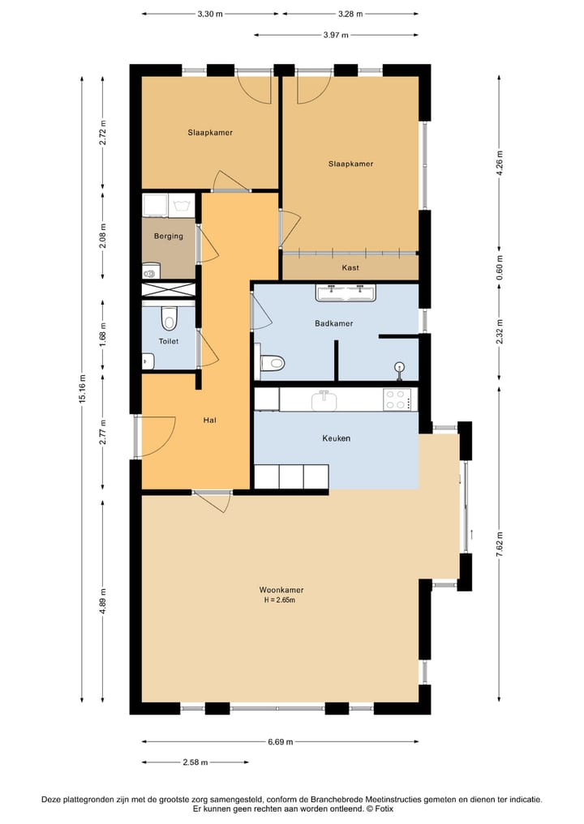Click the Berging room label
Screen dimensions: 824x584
click(169, 237)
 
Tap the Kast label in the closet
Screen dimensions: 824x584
click(350, 267)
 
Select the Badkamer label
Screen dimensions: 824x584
click(334, 323)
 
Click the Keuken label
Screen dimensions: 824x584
click(336, 438)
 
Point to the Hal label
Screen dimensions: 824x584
click(209, 421)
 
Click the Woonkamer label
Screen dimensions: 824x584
click(281, 590)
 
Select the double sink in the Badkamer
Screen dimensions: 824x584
click(346, 292)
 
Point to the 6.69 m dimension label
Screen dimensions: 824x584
click(281, 741)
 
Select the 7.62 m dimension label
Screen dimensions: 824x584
click(499, 542)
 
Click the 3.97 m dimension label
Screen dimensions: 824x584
click(336, 35)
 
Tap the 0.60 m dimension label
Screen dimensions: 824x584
click(499, 267)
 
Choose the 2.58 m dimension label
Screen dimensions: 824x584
click(195, 762)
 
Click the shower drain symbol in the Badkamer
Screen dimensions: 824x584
click(398, 367)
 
